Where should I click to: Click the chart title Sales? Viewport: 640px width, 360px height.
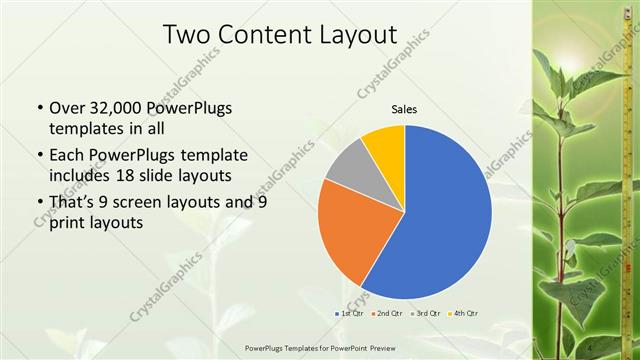404,110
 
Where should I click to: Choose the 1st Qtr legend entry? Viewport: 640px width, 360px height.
350,314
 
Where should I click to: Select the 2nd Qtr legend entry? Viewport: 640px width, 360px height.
390,314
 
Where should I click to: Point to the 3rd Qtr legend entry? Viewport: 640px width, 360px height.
428,314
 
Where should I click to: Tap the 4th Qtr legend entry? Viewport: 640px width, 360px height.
465,314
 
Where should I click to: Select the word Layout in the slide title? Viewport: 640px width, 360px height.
357,35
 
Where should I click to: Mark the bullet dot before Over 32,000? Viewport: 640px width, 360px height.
39,109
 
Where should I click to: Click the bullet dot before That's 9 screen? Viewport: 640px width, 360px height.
39,203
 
